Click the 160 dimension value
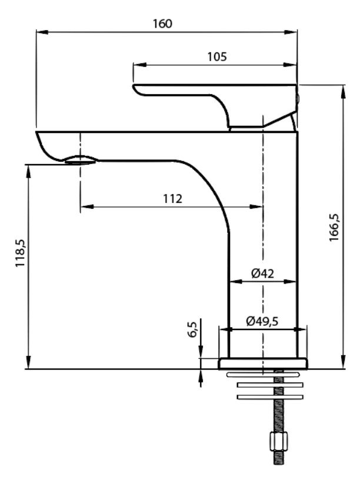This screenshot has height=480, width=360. coord(162,24)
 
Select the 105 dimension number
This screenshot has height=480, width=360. coord(218,56)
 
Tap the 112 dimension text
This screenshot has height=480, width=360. coord(172,198)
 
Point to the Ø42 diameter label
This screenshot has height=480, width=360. coord(262,273)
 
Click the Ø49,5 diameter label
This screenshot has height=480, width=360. coord(262,321)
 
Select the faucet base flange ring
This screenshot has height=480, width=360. coord(263,364)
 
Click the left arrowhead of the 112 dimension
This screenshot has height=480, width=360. coord(83,206)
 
